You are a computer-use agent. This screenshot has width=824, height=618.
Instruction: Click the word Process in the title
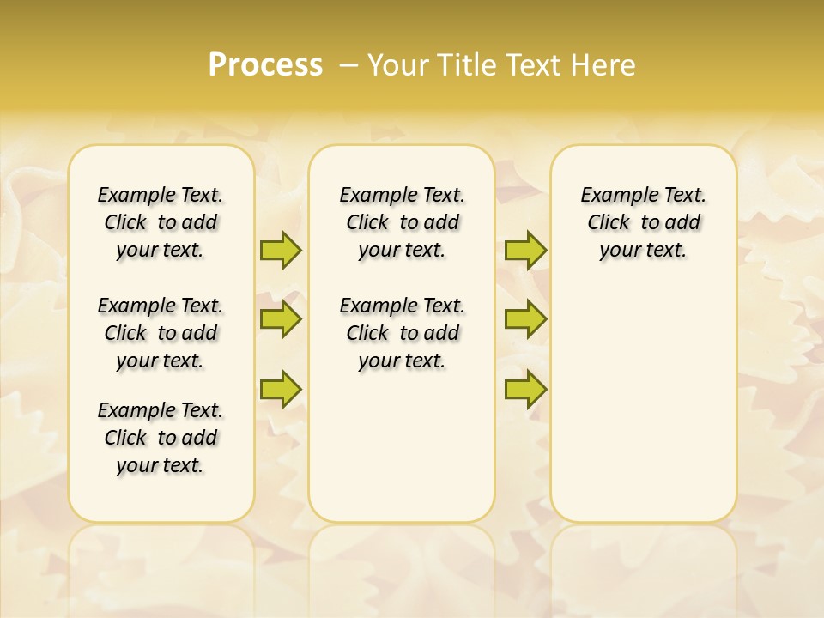(265, 65)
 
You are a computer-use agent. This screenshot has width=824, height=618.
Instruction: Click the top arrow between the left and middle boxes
(281, 250)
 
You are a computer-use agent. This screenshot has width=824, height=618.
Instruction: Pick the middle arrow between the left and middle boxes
(281, 319)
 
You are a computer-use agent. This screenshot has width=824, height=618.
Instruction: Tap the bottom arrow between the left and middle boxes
(281, 390)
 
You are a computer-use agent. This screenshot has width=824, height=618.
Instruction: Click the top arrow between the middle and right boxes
(525, 250)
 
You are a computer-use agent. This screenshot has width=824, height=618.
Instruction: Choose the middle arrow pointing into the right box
(525, 319)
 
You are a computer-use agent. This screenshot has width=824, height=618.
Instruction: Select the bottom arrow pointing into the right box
(525, 390)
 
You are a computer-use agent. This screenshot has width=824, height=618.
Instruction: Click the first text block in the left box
(161, 222)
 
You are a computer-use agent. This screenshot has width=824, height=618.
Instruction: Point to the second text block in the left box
(161, 333)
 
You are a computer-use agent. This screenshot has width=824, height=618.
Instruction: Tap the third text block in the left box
(161, 438)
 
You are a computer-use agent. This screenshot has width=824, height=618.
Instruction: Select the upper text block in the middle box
(402, 222)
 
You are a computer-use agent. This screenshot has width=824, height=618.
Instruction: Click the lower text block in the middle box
(402, 333)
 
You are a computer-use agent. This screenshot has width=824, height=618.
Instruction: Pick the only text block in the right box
(643, 222)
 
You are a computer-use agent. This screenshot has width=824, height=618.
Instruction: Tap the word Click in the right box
(609, 223)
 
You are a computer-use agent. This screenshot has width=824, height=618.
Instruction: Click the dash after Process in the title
(349, 65)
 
